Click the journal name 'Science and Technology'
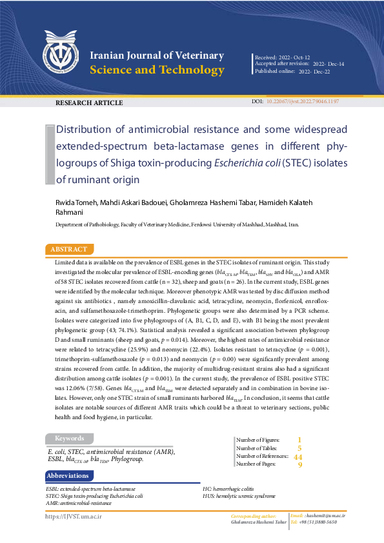tap(157, 70)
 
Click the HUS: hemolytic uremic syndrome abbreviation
tap(239, 496)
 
